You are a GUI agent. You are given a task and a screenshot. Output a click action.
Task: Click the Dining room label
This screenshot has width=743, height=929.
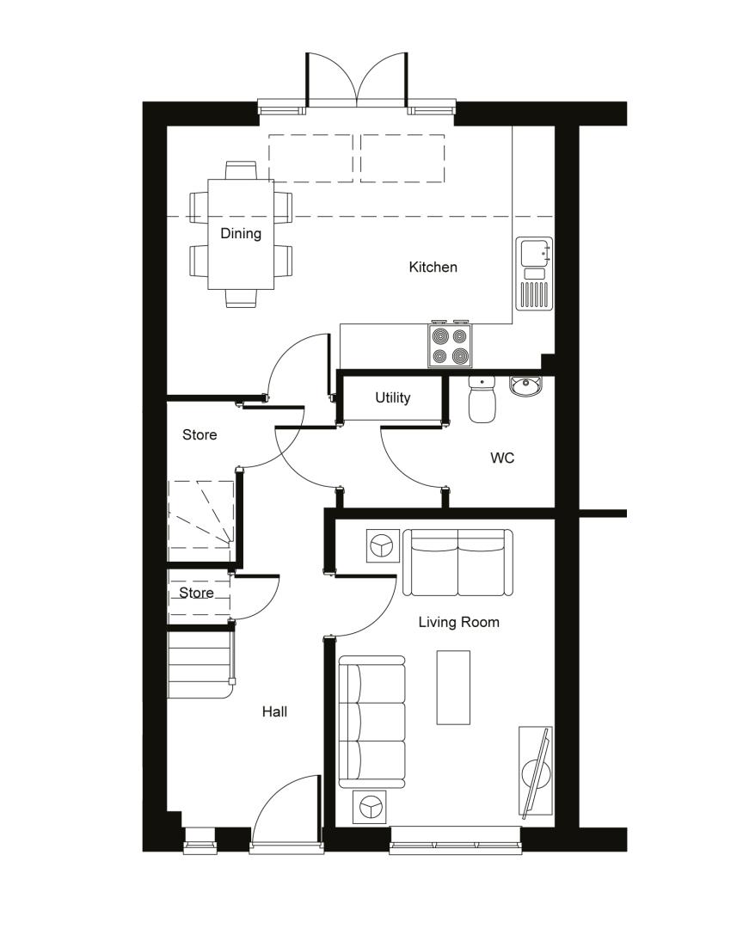(x=241, y=233)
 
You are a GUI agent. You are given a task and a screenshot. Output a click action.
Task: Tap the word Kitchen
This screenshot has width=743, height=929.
(x=433, y=268)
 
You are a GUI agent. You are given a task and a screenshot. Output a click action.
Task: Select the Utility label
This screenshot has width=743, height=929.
(x=393, y=397)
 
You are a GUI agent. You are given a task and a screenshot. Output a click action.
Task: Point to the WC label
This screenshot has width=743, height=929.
(x=502, y=458)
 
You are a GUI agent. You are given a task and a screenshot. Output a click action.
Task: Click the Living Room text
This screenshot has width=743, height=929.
(x=458, y=622)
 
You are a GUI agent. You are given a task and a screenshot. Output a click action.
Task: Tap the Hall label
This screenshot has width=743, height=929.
(x=274, y=711)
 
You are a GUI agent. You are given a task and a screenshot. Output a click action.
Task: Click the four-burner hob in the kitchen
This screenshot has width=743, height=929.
(x=451, y=346)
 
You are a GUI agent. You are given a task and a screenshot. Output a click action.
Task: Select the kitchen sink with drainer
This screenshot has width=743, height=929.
(x=534, y=274)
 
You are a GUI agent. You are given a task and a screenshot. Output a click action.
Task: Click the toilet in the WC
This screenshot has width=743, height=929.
(x=482, y=399)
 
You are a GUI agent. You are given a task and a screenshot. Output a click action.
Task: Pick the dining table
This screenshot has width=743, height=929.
(x=241, y=234)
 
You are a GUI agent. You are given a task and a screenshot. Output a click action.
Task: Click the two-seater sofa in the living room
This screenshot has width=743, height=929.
(x=458, y=563)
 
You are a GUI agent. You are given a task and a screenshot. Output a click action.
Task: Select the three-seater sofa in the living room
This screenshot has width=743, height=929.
(x=372, y=723)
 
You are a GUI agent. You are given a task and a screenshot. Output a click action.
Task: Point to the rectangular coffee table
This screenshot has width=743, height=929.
(x=453, y=687)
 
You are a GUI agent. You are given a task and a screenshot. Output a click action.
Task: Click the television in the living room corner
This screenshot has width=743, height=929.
(x=536, y=772)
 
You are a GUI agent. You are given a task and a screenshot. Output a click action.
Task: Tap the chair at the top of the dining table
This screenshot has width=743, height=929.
(x=241, y=170)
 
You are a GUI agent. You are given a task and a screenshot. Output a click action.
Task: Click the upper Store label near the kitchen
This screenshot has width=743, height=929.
(x=200, y=435)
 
